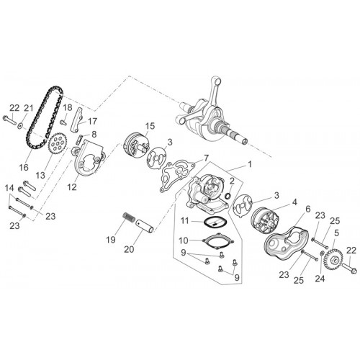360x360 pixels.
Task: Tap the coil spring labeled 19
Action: [x=130, y=217]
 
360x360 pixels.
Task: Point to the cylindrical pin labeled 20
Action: [x=145, y=226]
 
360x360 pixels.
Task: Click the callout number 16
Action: [x=24, y=167]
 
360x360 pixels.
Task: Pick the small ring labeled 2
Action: [x=228, y=196]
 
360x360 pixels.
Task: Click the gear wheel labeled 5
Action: [x=332, y=260]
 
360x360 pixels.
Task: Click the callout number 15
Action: [x=150, y=126]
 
